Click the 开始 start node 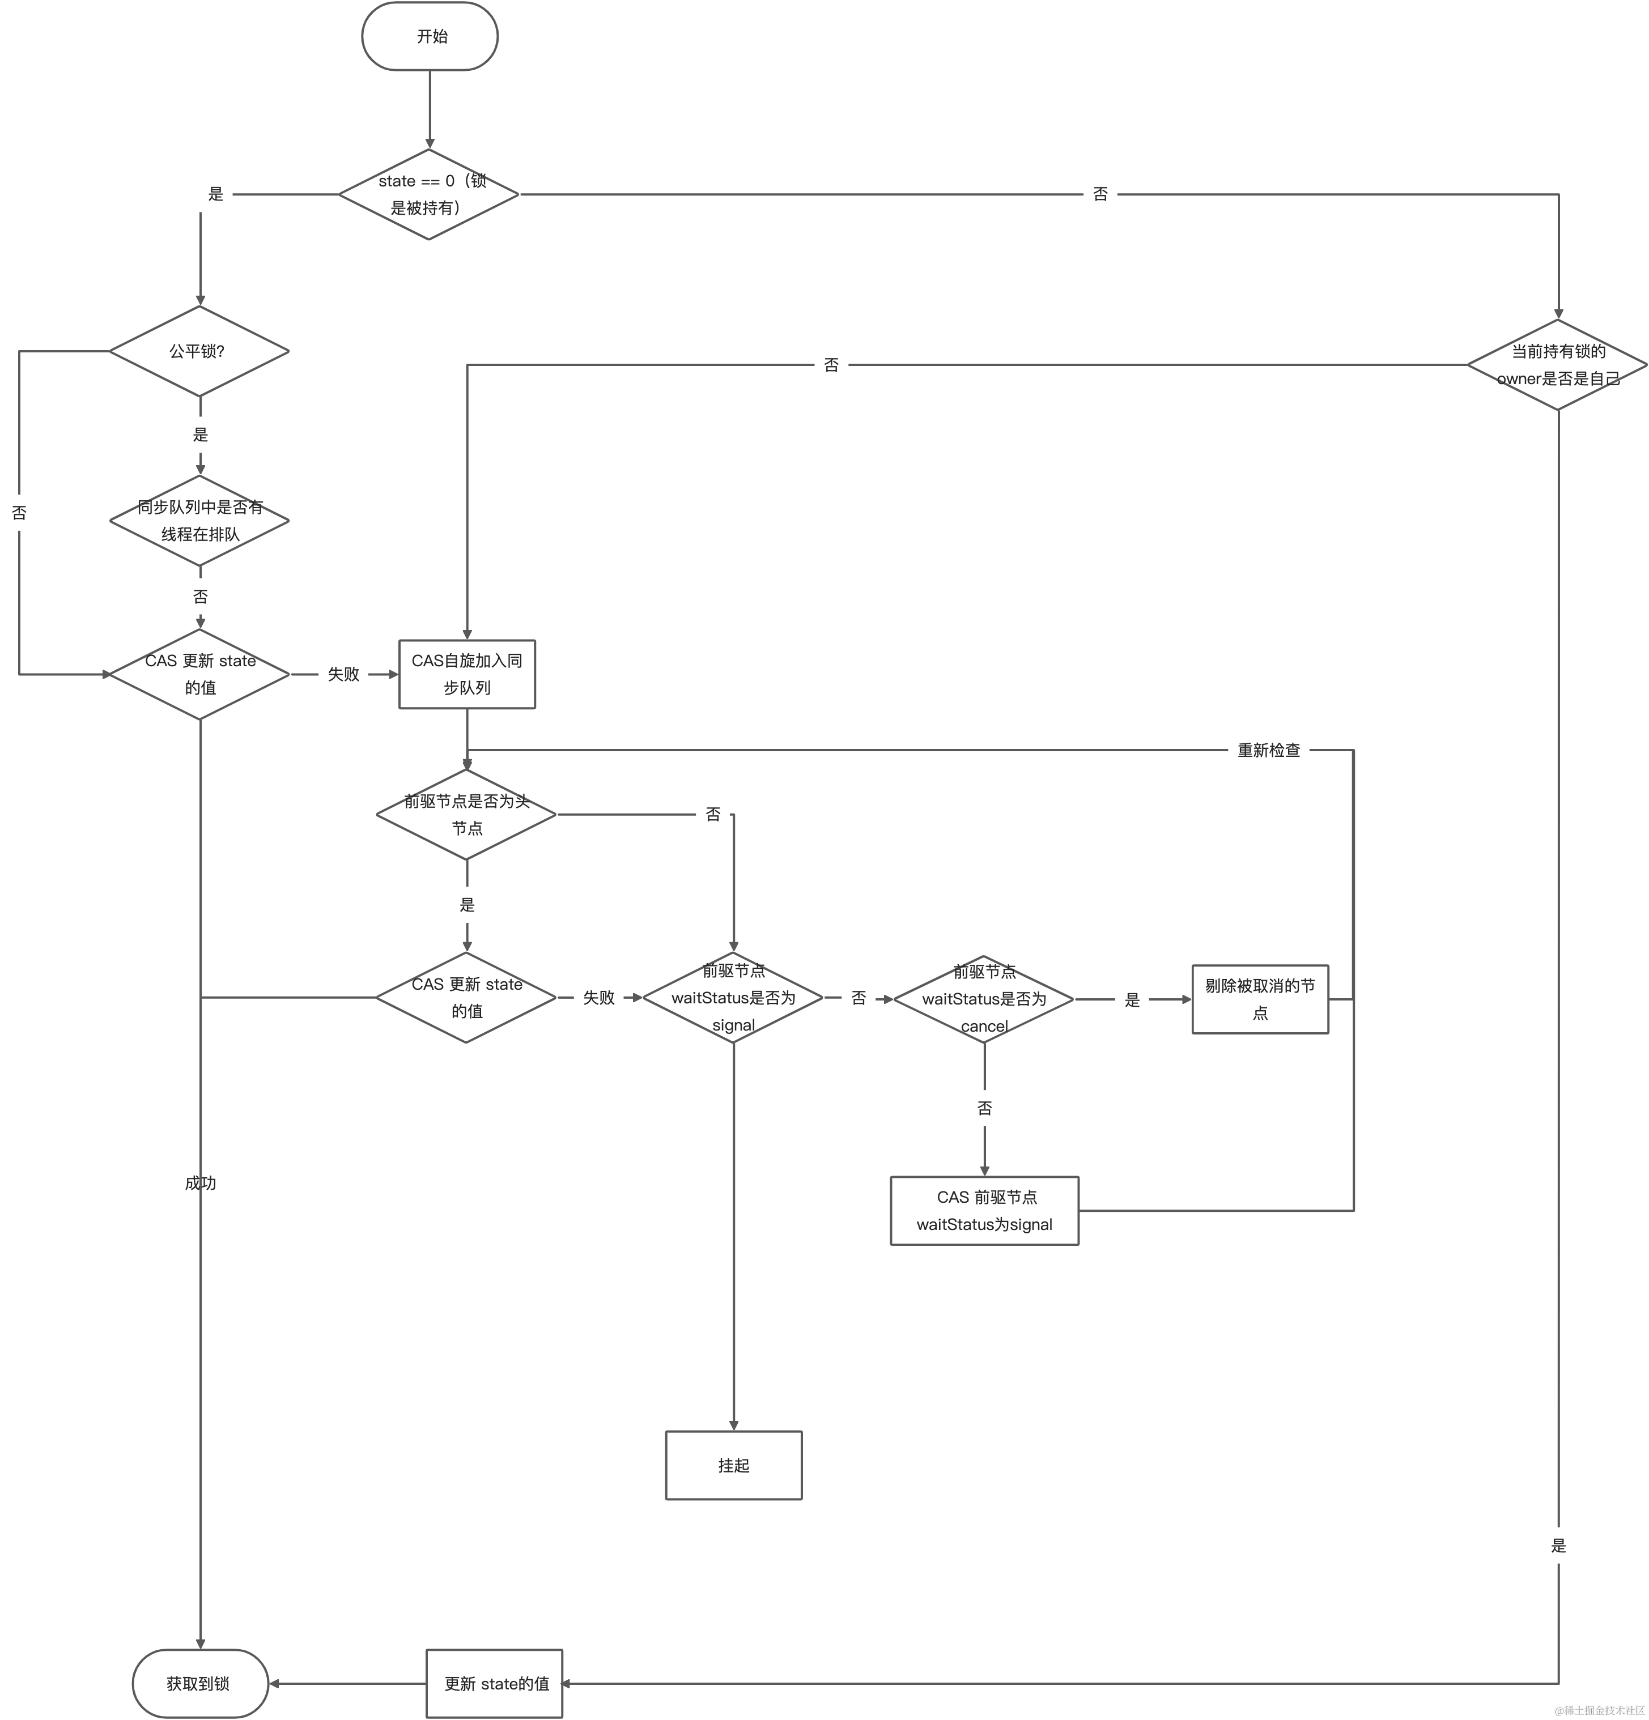pyautogui.click(x=430, y=36)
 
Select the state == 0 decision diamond pyautogui.click(x=429, y=194)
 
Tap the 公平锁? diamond pyautogui.click(x=199, y=351)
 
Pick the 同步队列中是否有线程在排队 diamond pyautogui.click(x=199, y=521)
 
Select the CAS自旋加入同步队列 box pyautogui.click(x=467, y=674)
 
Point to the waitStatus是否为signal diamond pyautogui.click(x=733, y=998)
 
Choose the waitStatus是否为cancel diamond pyautogui.click(x=984, y=999)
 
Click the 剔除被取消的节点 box pyautogui.click(x=1259, y=999)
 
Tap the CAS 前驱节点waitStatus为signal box pyautogui.click(x=984, y=1210)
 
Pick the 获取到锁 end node pyautogui.click(x=200, y=1683)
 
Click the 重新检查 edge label pyautogui.click(x=1268, y=750)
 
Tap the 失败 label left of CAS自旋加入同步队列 pyautogui.click(x=343, y=674)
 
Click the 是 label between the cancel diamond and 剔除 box pyautogui.click(x=1132, y=999)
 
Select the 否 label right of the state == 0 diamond pyautogui.click(x=1100, y=194)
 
